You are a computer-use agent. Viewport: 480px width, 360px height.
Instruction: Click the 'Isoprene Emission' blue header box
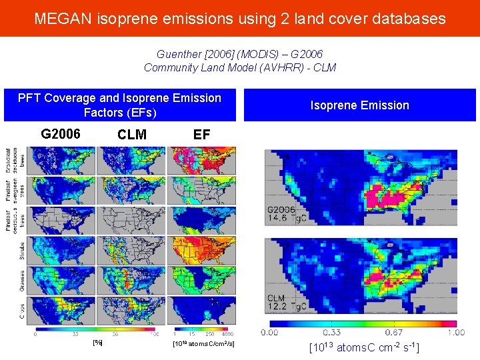(x=359, y=105)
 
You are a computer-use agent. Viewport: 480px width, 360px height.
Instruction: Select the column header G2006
(x=61, y=134)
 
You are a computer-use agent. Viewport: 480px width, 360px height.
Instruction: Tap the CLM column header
(x=132, y=135)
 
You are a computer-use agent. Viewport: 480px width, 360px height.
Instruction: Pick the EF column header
(x=201, y=135)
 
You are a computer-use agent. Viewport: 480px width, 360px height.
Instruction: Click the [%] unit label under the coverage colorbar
(x=97, y=343)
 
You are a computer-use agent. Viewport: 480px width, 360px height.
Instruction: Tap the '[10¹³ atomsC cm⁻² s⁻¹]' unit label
(x=364, y=347)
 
